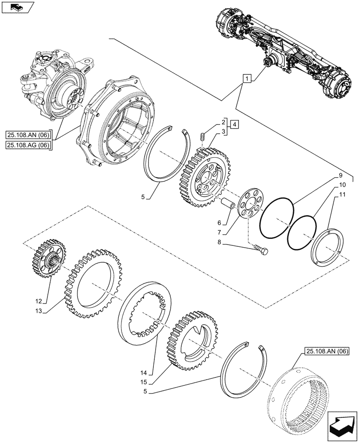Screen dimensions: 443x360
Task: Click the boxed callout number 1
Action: (x=247, y=79)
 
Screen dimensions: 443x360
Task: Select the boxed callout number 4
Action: (x=235, y=124)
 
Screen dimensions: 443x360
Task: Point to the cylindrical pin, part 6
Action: (x=230, y=206)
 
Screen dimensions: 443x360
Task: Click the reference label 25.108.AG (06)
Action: (x=29, y=144)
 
